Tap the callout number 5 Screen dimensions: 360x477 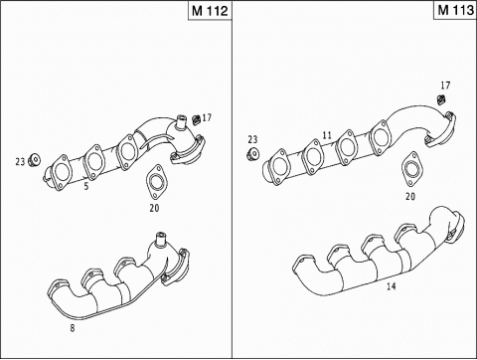click(x=86, y=186)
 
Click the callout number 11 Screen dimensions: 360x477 click(x=326, y=134)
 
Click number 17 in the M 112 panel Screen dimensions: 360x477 click(x=208, y=118)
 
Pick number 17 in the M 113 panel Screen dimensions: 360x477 click(x=445, y=86)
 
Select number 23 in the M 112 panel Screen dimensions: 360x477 click(x=20, y=160)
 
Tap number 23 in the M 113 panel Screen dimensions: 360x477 click(x=252, y=139)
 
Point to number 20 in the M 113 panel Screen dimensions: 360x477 click(x=410, y=196)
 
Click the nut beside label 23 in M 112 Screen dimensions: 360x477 click(x=34, y=159)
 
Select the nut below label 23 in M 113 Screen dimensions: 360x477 click(x=252, y=154)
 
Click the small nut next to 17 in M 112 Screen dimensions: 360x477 click(x=196, y=120)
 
